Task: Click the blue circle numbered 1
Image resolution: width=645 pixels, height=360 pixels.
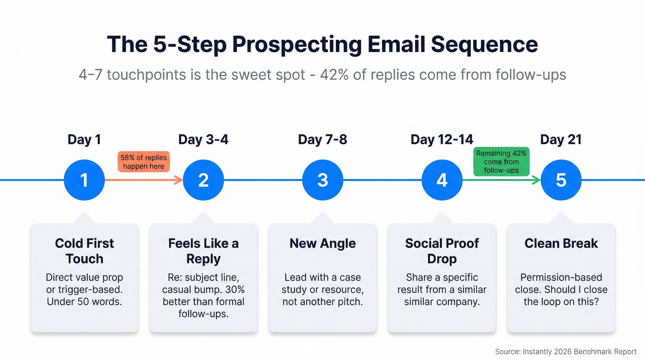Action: tap(84, 180)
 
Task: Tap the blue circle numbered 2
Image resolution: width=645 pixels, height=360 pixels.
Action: tap(203, 180)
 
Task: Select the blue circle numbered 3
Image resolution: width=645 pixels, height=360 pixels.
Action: tap(322, 180)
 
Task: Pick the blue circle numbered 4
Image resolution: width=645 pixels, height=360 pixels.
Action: tap(442, 180)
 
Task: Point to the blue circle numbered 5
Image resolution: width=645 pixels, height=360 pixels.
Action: tap(561, 180)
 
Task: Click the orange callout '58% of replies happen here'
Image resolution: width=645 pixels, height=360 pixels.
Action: tap(144, 162)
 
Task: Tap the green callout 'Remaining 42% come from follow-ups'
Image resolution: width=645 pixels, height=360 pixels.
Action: tap(501, 162)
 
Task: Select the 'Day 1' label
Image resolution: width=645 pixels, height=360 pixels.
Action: tap(84, 140)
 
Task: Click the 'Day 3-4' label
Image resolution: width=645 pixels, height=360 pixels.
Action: tap(203, 140)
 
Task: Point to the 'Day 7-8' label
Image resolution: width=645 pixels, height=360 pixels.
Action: tap(322, 140)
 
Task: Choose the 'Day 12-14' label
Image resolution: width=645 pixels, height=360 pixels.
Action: tap(442, 140)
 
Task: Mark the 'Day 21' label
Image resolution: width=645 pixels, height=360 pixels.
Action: tap(561, 140)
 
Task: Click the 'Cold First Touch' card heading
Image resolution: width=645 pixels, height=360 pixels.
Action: tap(84, 251)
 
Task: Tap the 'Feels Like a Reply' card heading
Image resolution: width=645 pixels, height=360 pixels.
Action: tap(203, 251)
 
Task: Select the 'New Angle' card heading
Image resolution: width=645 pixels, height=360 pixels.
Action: tap(322, 243)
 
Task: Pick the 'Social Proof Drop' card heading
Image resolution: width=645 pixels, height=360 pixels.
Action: tap(442, 251)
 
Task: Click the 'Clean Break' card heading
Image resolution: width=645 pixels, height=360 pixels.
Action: tap(561, 243)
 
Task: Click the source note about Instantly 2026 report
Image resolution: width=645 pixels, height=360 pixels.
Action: tap(566, 352)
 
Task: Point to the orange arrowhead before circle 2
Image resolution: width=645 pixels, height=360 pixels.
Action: tap(179, 180)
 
